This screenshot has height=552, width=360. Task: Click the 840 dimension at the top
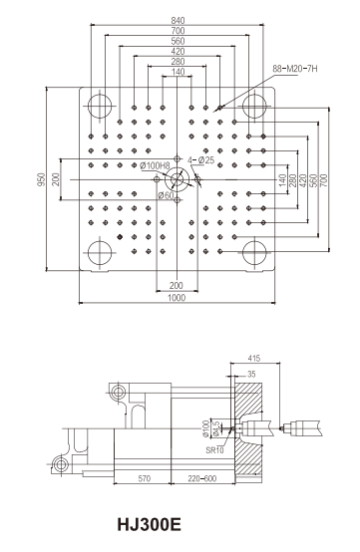pos(178,20)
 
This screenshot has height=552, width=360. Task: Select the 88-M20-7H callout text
pos(295,69)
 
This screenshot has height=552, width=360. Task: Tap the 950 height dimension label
pos(42,179)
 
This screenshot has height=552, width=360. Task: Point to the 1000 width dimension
pos(177,298)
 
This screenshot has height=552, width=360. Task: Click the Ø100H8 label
pos(155,165)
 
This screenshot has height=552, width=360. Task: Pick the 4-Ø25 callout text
pos(201,160)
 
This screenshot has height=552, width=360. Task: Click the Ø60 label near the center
pos(166,194)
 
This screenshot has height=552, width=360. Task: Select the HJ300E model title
pos(149,524)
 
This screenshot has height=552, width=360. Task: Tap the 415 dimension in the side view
pos(253,358)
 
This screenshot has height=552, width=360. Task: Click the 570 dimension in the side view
pos(144,478)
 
